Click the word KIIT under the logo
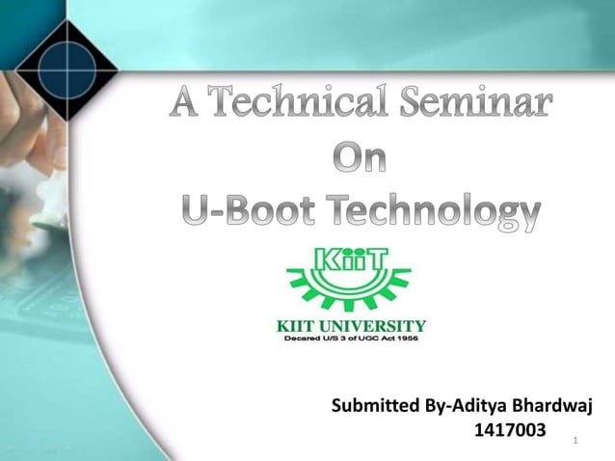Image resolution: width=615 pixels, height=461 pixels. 302,324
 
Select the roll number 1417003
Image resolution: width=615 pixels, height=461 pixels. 510,428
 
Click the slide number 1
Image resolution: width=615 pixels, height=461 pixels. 575,441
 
